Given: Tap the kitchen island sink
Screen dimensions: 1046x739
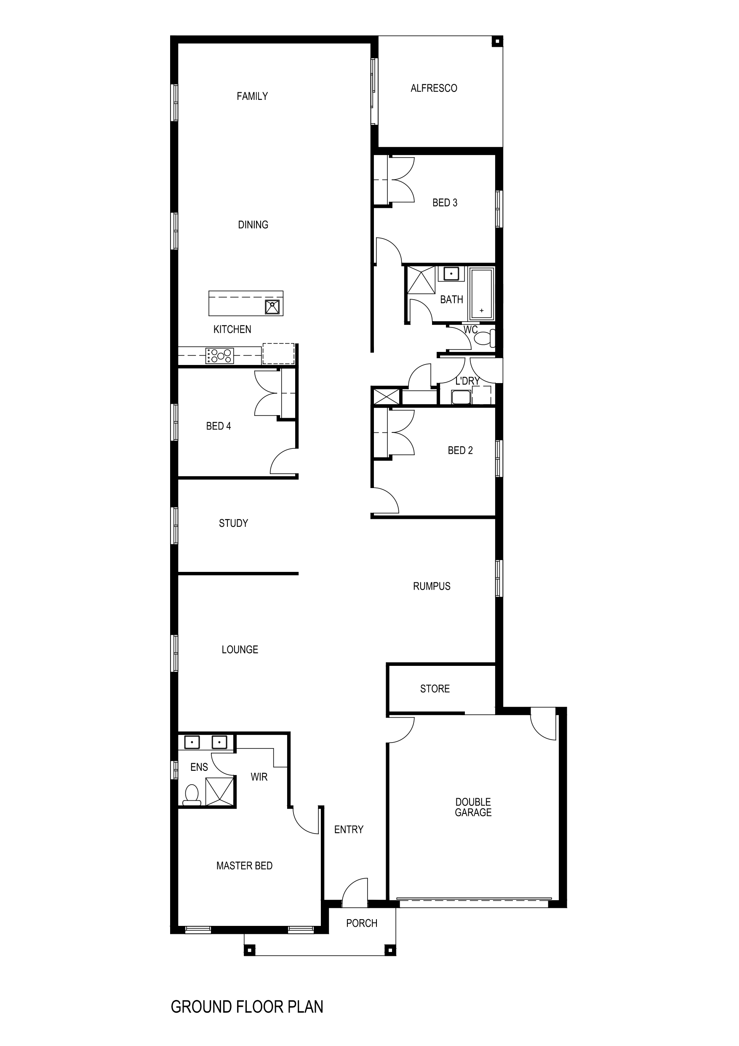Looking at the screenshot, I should [x=272, y=307].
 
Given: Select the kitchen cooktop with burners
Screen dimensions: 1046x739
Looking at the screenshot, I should [x=219, y=355].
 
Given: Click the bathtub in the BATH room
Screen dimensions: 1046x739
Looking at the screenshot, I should [x=481, y=293].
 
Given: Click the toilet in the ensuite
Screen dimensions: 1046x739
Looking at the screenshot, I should [x=192, y=794].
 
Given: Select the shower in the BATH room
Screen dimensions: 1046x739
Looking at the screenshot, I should [x=421, y=280].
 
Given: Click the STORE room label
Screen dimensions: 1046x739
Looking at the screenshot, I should [x=435, y=688].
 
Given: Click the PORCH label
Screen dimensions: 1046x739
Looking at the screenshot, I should [x=362, y=923].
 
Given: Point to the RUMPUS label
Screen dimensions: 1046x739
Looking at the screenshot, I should [x=431, y=586].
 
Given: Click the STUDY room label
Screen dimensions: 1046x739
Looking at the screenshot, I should [x=233, y=523].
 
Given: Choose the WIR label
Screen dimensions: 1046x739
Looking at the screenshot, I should [x=259, y=777].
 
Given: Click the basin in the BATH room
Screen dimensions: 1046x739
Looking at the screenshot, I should [x=451, y=274].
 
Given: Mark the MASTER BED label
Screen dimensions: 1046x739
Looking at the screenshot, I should [x=244, y=866].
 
